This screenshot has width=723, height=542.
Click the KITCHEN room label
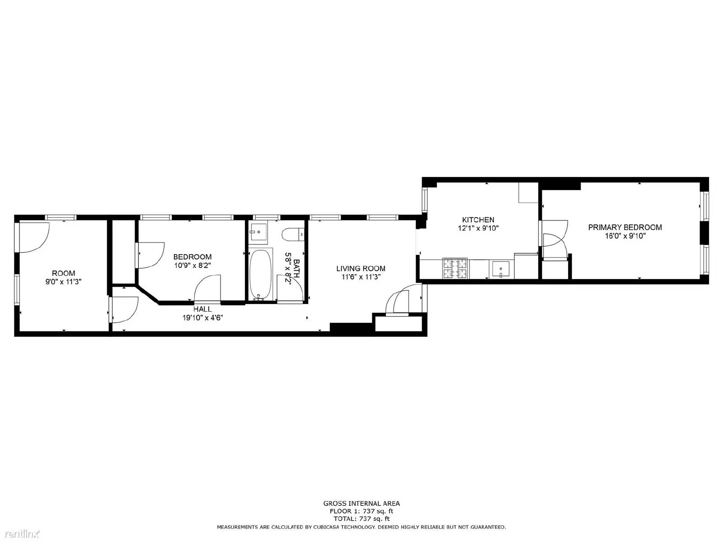[478, 220]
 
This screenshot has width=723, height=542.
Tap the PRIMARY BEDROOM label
[625, 227]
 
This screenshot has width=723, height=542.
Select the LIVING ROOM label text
[361, 268]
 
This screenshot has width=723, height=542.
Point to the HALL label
[202, 309]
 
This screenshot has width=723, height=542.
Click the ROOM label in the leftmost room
[63, 273]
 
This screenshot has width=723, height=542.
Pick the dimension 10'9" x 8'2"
[192, 266]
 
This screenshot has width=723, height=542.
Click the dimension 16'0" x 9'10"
[625, 236]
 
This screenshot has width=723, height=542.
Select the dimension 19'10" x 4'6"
[202, 318]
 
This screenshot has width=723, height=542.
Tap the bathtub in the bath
[261, 275]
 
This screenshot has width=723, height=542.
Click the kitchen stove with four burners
[455, 268]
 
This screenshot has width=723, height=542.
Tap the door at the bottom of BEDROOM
[207, 290]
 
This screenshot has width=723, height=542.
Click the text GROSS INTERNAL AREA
[361, 503]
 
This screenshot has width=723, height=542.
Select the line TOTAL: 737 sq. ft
[361, 519]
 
